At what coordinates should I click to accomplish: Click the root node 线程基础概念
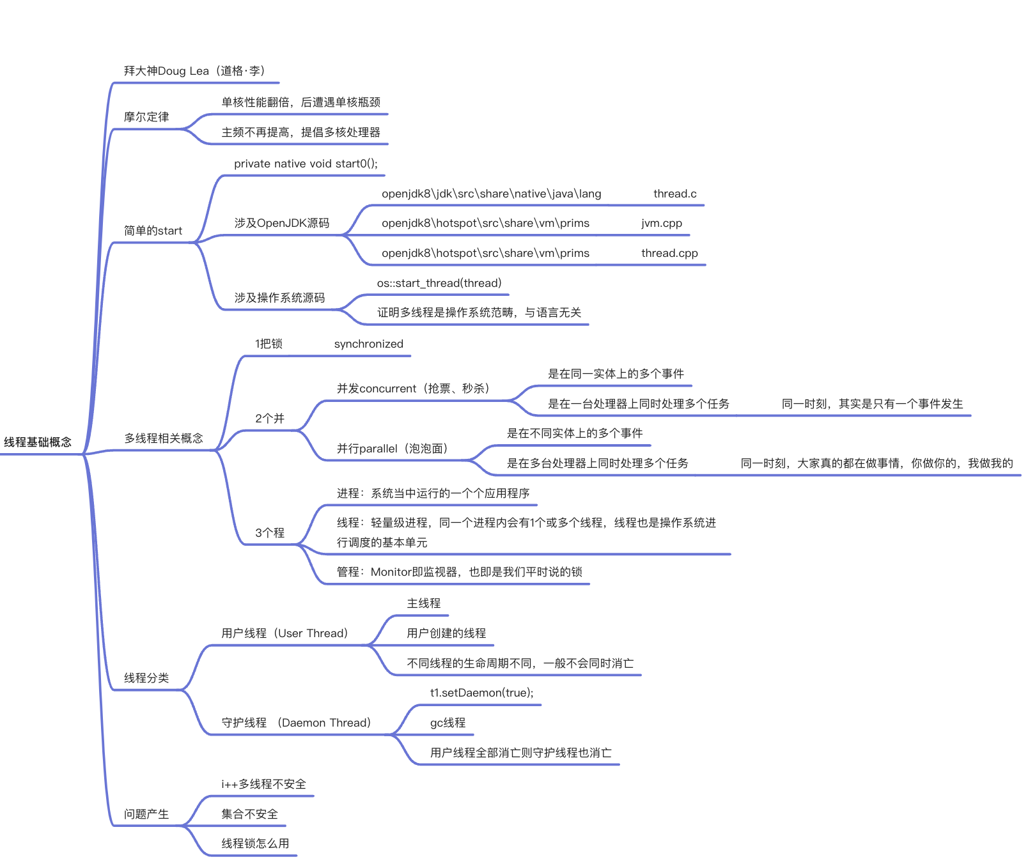click(x=38, y=442)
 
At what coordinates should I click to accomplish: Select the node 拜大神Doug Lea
click(x=194, y=71)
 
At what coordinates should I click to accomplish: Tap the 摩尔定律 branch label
click(x=146, y=117)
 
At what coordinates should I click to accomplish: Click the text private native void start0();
click(x=306, y=164)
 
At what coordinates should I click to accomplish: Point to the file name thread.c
click(x=674, y=194)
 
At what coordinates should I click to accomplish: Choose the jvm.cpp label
click(x=662, y=223)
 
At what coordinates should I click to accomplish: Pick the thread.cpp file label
click(x=669, y=253)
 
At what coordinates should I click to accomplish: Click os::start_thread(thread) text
click(x=439, y=283)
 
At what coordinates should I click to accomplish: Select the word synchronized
click(x=368, y=344)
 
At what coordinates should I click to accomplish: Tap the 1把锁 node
click(x=269, y=344)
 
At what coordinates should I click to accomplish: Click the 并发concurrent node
click(x=413, y=389)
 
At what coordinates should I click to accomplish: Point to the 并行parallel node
click(x=392, y=449)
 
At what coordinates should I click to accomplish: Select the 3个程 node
click(x=270, y=533)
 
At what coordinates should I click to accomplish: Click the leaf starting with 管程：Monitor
click(x=459, y=572)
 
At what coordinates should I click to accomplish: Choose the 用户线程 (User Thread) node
click(x=284, y=633)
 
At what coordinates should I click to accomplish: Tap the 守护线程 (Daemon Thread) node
click(x=296, y=723)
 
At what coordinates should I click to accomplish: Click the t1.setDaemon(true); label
click(x=481, y=693)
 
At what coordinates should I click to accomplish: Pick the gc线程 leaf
click(x=448, y=723)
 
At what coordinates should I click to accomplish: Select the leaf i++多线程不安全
click(x=263, y=784)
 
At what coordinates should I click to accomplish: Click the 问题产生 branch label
click(x=146, y=814)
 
